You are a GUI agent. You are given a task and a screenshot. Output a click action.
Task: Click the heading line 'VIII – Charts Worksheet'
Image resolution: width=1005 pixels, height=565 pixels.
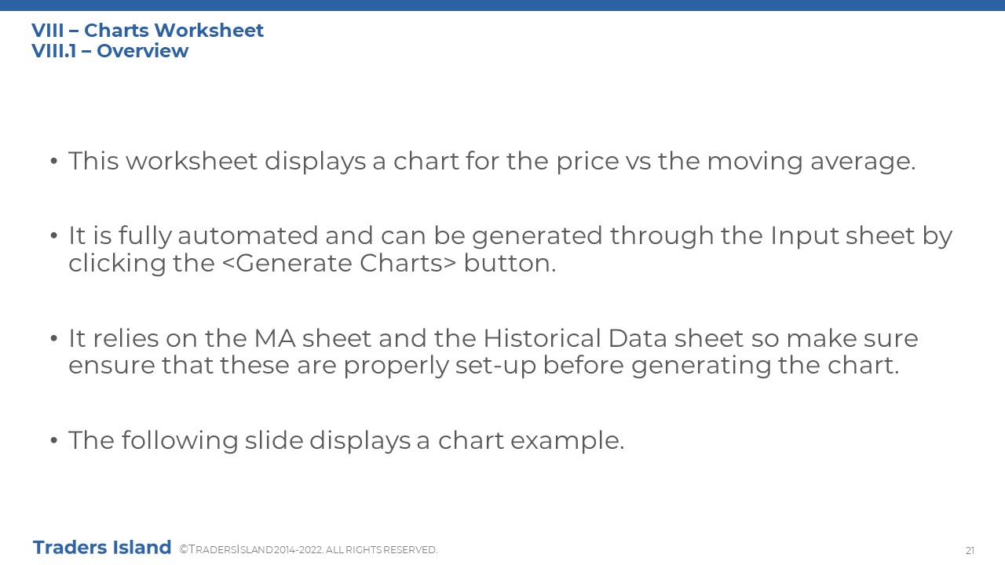148,31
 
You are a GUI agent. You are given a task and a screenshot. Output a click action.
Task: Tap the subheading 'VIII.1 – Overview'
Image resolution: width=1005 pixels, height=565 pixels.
110,51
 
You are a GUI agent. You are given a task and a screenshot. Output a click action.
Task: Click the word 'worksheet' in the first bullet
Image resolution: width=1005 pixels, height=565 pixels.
192,161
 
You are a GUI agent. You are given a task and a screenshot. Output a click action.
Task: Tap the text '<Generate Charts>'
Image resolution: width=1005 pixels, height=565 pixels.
338,263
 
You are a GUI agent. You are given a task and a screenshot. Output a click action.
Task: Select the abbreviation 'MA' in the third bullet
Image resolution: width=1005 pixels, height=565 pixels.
275,338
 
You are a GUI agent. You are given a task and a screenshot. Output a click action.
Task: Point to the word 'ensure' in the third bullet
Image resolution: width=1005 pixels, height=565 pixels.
111,366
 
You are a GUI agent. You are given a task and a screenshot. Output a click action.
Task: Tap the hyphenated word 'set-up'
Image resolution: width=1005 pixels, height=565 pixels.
495,366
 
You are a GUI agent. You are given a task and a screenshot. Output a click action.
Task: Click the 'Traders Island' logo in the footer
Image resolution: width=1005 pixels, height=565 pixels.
102,548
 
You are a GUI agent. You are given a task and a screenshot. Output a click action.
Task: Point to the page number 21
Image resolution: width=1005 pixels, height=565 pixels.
970,551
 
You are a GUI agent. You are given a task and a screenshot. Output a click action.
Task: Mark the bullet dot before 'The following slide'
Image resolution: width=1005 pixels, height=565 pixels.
54,440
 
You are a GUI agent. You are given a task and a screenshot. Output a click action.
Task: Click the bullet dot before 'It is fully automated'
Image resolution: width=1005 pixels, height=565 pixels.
54,235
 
